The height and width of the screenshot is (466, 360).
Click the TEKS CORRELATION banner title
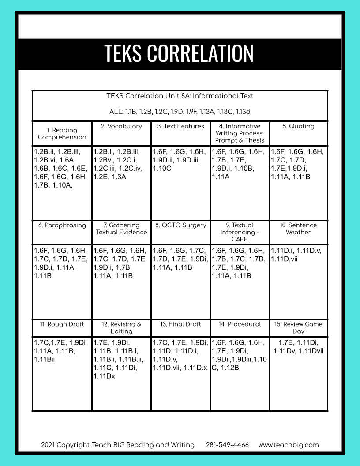[179, 53]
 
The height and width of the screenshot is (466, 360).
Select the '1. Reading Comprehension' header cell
[62, 133]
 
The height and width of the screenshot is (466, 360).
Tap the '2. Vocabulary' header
[121, 126]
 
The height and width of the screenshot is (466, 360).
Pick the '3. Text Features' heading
[180, 126]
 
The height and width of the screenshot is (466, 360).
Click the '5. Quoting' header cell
[298, 126]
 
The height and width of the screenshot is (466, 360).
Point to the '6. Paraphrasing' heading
[62, 225]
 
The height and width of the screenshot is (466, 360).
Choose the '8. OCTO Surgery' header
[180, 225]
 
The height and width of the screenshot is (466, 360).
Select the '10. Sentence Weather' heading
[298, 229]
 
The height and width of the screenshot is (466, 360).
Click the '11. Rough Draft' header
[62, 324]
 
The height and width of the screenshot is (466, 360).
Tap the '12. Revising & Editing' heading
[121, 327]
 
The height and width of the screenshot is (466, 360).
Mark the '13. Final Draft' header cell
[180, 324]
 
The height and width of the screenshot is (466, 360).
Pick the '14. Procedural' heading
[240, 324]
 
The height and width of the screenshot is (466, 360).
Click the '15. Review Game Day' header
[298, 327]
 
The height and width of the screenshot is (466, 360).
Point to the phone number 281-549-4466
[227, 445]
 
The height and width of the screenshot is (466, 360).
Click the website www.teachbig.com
[288, 445]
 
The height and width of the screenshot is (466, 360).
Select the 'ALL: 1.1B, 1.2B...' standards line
[180, 112]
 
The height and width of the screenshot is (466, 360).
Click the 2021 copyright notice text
[118, 445]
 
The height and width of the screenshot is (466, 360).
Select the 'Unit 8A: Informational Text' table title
[180, 96]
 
